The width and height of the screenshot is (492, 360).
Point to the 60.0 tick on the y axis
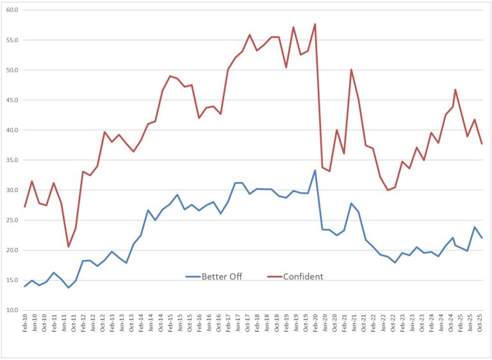[12, 10]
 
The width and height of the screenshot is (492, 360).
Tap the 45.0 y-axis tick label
[12, 100]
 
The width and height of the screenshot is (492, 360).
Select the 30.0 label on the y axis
[12, 190]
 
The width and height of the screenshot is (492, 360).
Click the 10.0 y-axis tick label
[12, 310]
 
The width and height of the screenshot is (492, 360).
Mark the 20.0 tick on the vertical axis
[12, 250]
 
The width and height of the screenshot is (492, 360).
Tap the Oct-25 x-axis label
[482, 325]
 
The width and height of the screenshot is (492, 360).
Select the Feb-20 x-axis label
[315, 325]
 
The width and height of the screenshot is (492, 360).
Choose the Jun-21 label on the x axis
[352, 325]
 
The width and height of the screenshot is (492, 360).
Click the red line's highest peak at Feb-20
[315, 24]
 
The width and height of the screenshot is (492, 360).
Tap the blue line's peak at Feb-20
[315, 170]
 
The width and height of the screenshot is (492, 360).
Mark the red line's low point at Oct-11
[69, 247]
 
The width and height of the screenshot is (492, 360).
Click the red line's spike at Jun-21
[352, 69]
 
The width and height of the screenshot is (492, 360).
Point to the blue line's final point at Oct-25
[482, 238]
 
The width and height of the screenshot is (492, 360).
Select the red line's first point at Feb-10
[25, 206]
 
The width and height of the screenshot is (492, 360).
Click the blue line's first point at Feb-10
[25, 286]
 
